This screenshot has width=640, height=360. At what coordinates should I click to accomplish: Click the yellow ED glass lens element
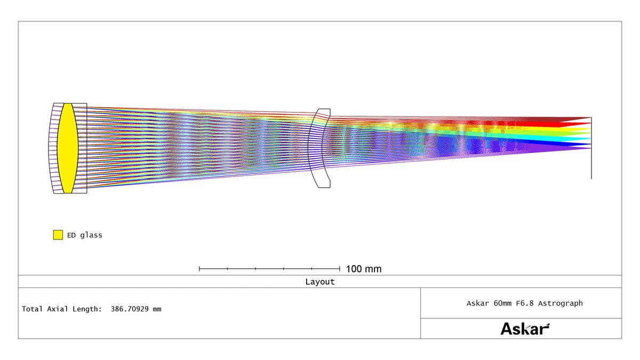pyautogui.click(x=68, y=148)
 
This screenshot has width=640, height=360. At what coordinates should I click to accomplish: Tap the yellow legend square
pyautogui.click(x=58, y=235)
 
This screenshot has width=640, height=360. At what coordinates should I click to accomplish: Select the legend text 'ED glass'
pyautogui.click(x=85, y=235)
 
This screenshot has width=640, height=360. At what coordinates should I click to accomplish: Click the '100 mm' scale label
pyautogui.click(x=364, y=269)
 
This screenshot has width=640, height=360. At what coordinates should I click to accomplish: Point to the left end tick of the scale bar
pyautogui.click(x=199, y=269)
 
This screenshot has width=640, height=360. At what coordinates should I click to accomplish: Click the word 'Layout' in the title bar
pyautogui.click(x=319, y=282)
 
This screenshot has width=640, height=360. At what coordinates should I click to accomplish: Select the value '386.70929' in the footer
pyautogui.click(x=130, y=309)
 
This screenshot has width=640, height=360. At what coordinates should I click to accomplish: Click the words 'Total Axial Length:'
pyautogui.click(x=62, y=309)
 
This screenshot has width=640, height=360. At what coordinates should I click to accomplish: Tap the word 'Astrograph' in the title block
pyautogui.click(x=561, y=303)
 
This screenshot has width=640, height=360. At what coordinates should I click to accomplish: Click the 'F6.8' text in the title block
pyautogui.click(x=525, y=303)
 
